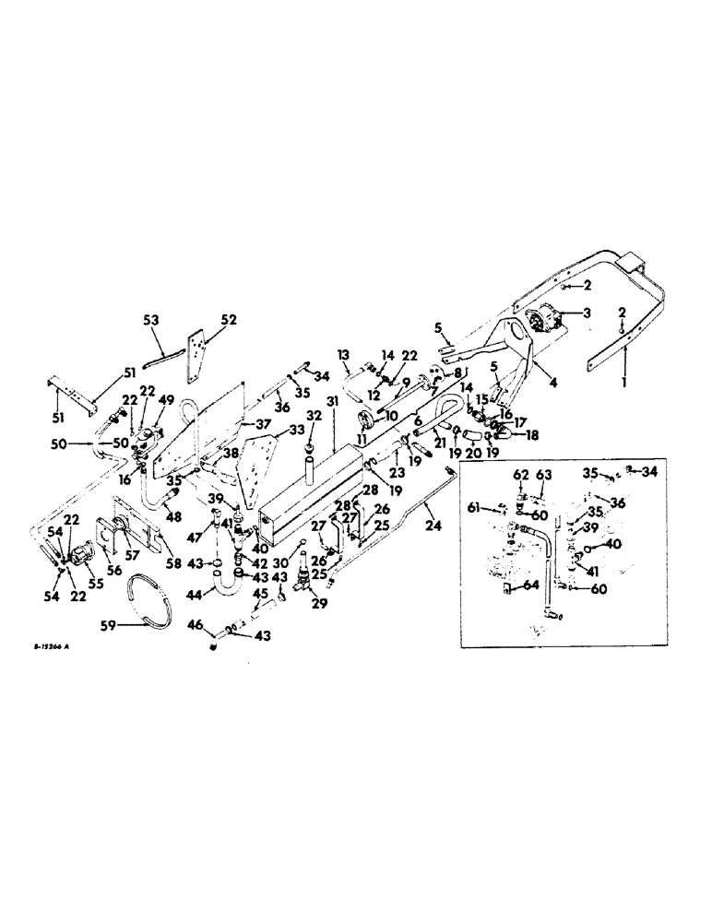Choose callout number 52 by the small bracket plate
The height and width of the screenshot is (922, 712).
(x=228, y=320)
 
